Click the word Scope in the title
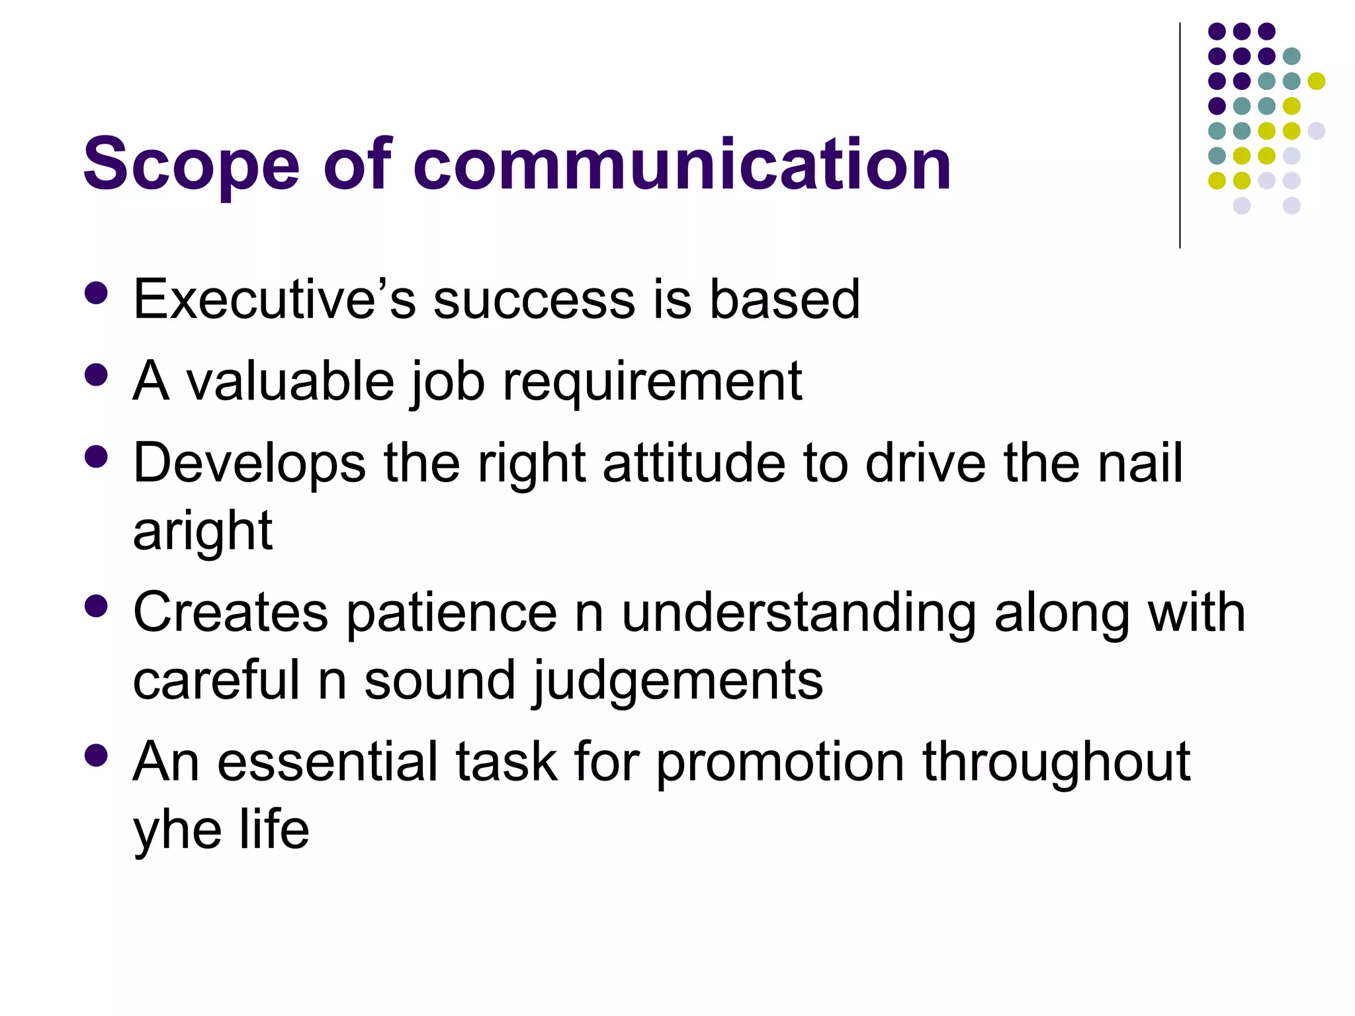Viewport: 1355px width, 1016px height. [x=191, y=164]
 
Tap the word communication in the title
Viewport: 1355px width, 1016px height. [x=682, y=164]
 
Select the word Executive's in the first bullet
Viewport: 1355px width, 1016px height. [x=274, y=299]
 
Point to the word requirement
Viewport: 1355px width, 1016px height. [x=652, y=382]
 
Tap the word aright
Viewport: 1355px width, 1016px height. [x=202, y=532]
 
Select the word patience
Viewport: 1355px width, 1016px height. [x=452, y=613]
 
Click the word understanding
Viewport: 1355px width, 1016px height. [x=799, y=614]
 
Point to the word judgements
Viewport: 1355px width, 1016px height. [x=677, y=682]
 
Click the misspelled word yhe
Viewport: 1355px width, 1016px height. [x=177, y=831]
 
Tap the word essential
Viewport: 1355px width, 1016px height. [x=328, y=762]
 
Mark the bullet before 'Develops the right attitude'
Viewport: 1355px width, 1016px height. [x=97, y=457]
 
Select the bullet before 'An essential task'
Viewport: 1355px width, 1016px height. [x=97, y=755]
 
